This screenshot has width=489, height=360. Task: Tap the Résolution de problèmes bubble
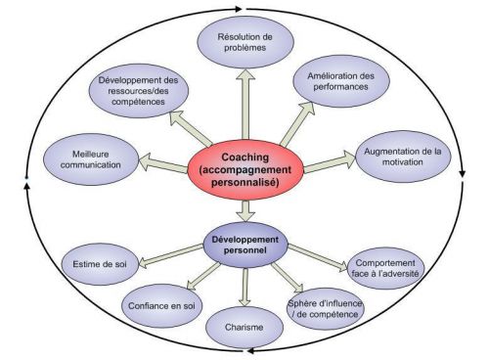coord(243,44)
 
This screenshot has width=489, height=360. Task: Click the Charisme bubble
coord(244,326)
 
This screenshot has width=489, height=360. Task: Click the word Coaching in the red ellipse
coord(244,155)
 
